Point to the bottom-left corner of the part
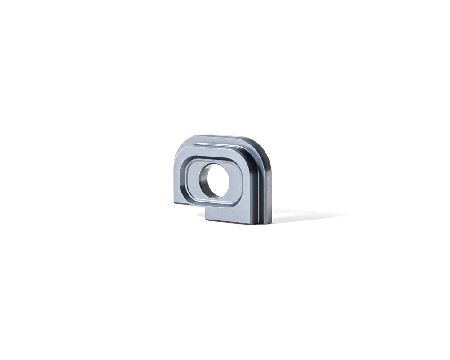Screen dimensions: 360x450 point(174,203)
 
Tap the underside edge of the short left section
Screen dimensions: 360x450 point(189,204)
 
